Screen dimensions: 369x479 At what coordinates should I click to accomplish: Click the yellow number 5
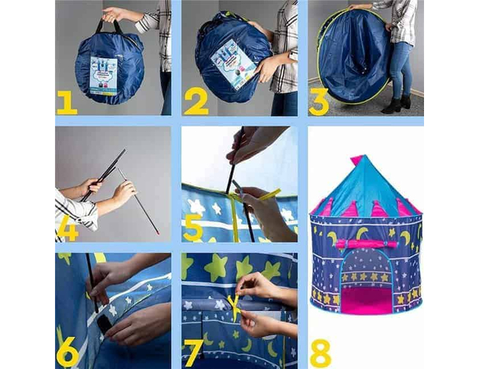[x=193, y=228]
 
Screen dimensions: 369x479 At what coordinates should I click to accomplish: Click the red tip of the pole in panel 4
[x=158, y=233]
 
